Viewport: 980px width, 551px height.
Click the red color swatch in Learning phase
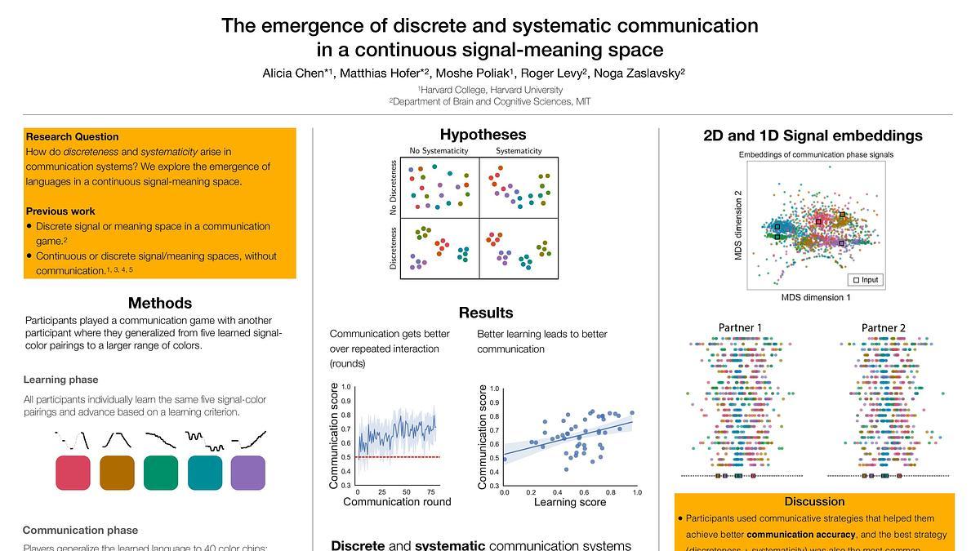pos(73,473)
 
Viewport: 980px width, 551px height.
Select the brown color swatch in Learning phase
pos(117,473)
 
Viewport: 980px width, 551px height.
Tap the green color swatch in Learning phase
pos(161,473)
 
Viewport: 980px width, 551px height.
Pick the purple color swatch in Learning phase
pos(248,473)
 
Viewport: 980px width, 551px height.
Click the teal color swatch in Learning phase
pos(205,473)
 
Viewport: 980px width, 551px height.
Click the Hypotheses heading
pos(483,135)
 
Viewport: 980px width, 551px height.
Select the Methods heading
pos(160,304)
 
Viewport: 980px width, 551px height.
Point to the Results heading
pos(486,313)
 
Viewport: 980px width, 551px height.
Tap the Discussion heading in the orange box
pos(814,501)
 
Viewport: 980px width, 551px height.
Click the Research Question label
pos(73,137)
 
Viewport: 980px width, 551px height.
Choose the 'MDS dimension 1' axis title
pos(816,297)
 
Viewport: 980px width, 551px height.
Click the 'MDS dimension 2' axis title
pos(738,225)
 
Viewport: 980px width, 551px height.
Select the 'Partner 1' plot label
pos(741,328)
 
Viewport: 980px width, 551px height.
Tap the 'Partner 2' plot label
pos(884,328)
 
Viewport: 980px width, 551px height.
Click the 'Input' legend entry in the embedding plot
pos(866,280)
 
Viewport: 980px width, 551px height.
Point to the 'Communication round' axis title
pos(397,502)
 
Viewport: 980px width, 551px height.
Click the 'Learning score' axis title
pos(570,502)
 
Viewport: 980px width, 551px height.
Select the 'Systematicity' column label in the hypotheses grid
pos(519,151)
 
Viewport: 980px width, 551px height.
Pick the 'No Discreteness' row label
pos(394,188)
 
